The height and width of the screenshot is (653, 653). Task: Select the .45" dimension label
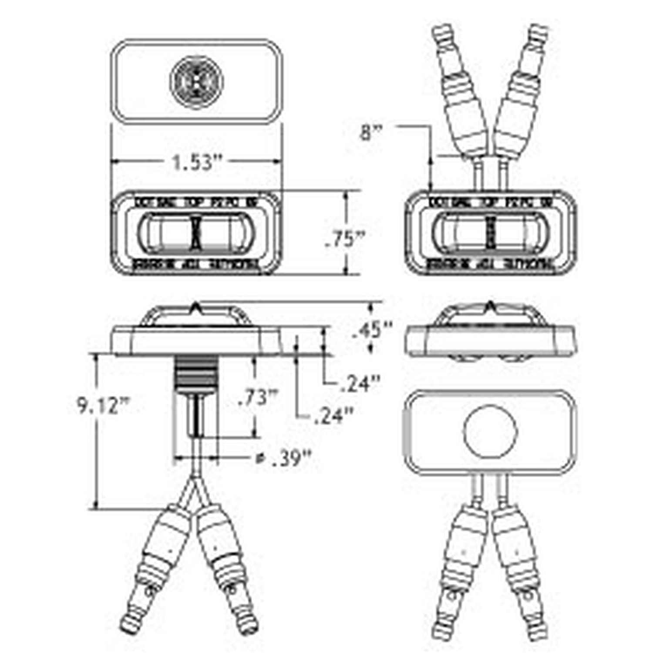(372, 329)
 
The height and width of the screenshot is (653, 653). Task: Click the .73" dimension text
(258, 397)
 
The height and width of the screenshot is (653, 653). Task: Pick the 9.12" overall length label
(104, 406)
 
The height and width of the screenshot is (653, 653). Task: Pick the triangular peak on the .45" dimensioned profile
(196, 308)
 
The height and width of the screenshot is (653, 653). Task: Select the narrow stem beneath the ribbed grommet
(197, 416)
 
